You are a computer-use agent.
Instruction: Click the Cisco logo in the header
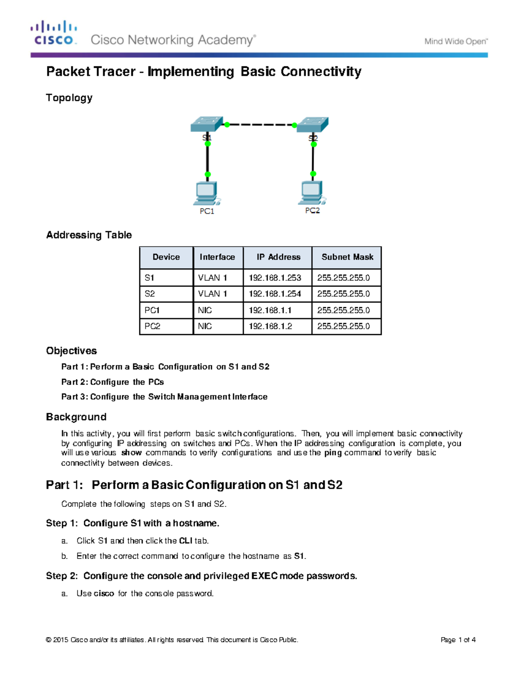54,33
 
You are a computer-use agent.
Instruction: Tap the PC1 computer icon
207,194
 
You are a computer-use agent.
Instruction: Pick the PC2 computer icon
312,193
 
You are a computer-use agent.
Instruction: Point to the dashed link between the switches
260,125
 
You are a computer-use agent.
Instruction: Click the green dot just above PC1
208,174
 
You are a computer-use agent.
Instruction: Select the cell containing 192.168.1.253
275,278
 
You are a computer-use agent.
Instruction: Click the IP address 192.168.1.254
275,294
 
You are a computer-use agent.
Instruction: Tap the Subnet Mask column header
347,257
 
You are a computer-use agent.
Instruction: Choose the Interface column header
217,257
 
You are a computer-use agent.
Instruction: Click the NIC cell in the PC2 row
205,326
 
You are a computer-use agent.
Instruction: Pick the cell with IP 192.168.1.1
270,310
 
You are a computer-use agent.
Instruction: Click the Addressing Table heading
89,235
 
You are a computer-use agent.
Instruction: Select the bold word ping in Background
333,453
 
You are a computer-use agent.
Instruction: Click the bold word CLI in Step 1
185,541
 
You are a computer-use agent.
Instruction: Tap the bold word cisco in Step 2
104,593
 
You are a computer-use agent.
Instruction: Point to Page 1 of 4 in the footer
458,640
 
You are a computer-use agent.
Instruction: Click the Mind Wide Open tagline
456,42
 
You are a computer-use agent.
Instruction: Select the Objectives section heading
71,351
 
